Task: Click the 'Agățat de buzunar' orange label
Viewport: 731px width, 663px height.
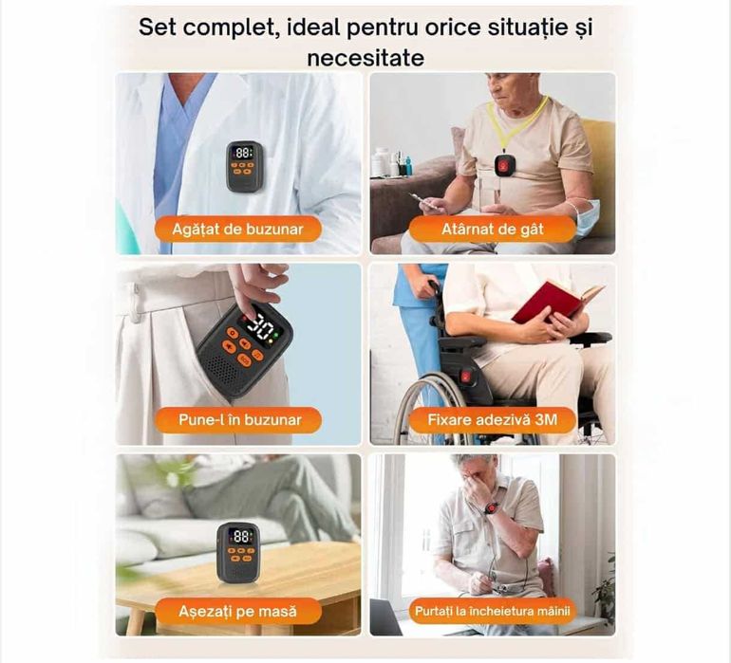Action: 233,229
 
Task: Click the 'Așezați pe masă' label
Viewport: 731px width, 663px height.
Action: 237,611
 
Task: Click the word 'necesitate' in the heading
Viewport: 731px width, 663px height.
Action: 365,57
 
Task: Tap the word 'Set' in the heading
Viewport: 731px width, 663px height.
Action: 159,26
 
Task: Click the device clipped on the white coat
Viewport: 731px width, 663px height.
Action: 244,165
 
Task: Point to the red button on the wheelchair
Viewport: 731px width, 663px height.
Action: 466,377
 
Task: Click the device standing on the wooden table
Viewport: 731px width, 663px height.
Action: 237,550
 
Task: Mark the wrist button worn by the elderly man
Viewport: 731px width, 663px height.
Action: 491,508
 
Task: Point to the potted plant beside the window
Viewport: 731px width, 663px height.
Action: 604,593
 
